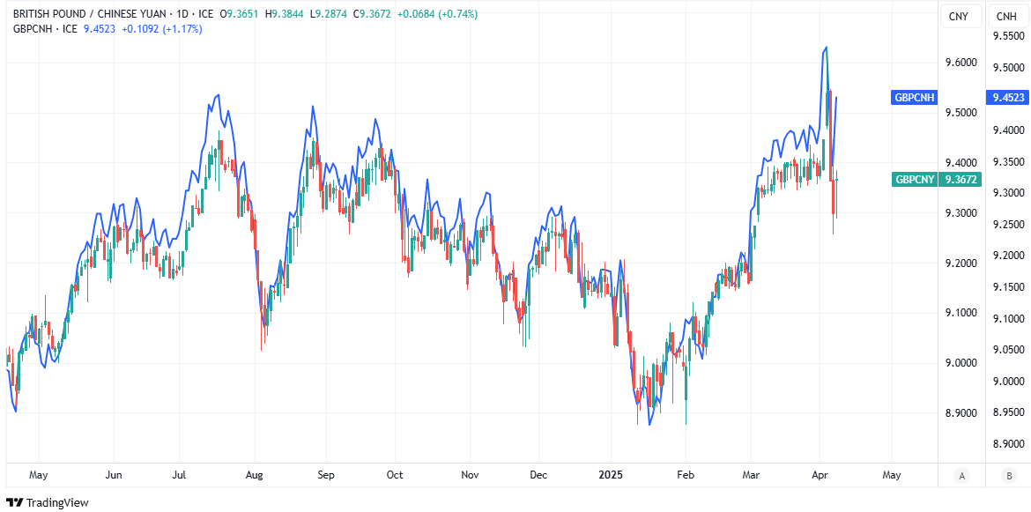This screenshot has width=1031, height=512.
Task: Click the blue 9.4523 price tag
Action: (1007, 98)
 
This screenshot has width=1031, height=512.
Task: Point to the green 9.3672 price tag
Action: (960, 179)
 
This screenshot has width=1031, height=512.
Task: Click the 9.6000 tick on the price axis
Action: (960, 63)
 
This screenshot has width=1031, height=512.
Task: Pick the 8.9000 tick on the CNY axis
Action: (960, 412)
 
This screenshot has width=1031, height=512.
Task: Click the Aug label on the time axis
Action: (254, 475)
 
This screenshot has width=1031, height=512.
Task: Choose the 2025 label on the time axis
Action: (610, 475)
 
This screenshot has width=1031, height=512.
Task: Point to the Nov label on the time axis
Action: (470, 475)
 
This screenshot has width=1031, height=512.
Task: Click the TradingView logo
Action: (48, 502)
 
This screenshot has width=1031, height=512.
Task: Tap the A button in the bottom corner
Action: (962, 476)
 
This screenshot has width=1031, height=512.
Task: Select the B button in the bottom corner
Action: (1007, 476)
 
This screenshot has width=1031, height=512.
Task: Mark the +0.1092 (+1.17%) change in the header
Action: (161, 29)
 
